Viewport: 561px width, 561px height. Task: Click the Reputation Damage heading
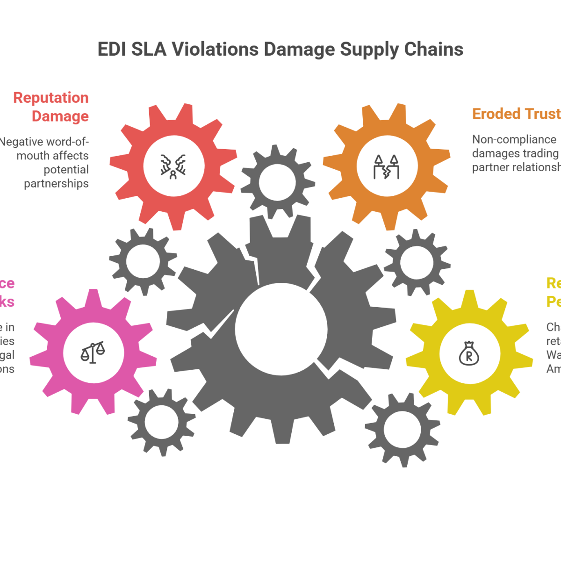click(51, 107)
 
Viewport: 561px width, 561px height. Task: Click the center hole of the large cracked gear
click(280, 329)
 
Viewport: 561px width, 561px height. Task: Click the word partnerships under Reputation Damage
click(57, 183)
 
